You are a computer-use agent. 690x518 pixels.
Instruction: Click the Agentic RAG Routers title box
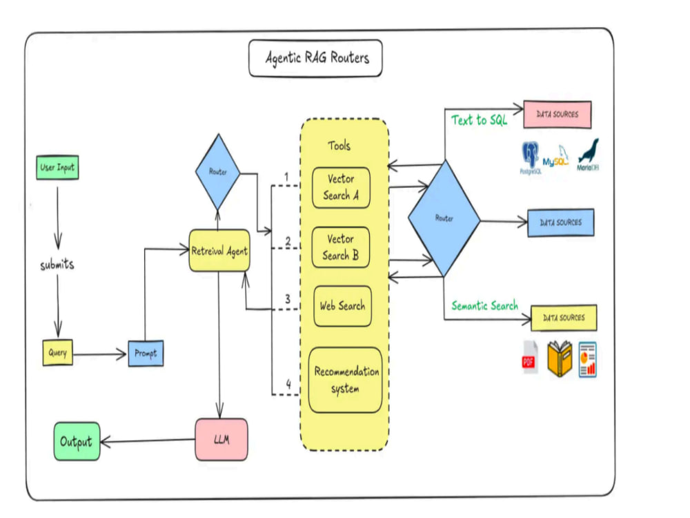(315, 58)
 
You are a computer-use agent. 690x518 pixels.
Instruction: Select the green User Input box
(58, 167)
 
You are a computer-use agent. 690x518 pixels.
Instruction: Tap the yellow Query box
(58, 352)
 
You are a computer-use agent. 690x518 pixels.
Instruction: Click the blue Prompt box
(146, 353)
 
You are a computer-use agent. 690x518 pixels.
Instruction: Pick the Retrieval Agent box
(219, 251)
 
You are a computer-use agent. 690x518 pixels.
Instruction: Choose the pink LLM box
(221, 439)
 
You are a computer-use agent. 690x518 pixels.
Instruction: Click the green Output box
(77, 441)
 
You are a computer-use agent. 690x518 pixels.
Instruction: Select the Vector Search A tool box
(341, 187)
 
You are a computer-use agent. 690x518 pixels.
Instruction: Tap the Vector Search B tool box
(341, 247)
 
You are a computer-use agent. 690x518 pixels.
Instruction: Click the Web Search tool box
(342, 306)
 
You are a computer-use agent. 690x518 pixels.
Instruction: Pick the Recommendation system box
(346, 380)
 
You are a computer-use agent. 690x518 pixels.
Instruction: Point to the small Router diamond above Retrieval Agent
(218, 172)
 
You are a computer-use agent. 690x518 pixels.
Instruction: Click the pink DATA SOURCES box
(557, 115)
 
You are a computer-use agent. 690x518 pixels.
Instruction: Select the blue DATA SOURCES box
(560, 222)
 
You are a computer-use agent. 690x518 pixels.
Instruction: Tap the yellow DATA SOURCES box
(564, 318)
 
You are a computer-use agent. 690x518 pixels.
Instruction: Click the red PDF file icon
(530, 357)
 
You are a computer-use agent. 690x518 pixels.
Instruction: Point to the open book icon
(560, 358)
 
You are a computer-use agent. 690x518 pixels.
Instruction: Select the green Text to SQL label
(480, 119)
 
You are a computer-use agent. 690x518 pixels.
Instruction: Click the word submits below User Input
(57, 265)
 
